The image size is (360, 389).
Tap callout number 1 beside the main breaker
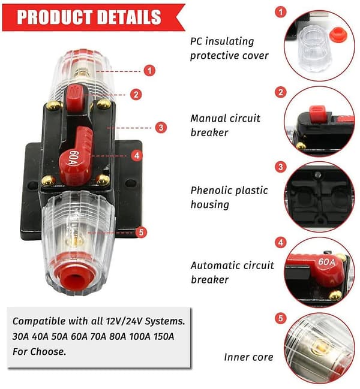pos(149,71)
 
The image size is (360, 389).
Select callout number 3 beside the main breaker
pos(161,128)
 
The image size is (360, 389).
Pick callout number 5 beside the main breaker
pos(141,233)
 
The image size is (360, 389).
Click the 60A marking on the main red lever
pos(74,159)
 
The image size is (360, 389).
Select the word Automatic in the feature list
pos(216,265)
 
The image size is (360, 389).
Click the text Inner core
pos(248,357)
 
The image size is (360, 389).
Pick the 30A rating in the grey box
pos(20,336)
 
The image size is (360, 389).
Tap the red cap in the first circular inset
pos(337,35)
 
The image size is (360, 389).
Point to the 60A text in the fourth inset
pos(326,262)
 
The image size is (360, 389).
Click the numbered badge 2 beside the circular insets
pos(281,92)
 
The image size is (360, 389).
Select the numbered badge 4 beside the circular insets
pos(281,242)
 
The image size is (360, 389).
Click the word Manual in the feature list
pos(208,118)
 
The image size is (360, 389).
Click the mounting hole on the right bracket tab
pos(131,183)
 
